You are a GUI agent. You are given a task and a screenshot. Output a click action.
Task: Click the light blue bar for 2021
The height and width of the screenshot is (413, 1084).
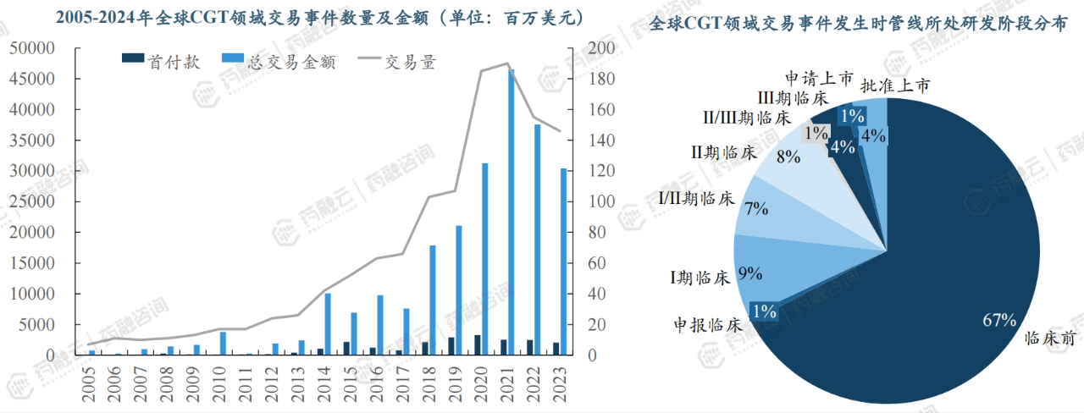[512, 212]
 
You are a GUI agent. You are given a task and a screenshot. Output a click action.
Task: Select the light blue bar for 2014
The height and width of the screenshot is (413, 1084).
[328, 324]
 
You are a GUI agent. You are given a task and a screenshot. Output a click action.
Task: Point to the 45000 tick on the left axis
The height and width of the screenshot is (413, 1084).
[33, 79]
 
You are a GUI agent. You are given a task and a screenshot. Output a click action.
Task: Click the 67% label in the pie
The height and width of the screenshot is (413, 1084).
[998, 320]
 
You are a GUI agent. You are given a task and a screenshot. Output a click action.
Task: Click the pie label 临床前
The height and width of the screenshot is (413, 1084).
[1050, 337]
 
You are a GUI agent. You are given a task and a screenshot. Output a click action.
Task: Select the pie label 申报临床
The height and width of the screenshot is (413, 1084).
[708, 324]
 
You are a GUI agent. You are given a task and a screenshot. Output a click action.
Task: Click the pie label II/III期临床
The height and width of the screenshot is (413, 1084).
[746, 117]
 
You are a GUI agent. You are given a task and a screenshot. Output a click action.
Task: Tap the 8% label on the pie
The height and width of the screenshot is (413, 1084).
[788, 157]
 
